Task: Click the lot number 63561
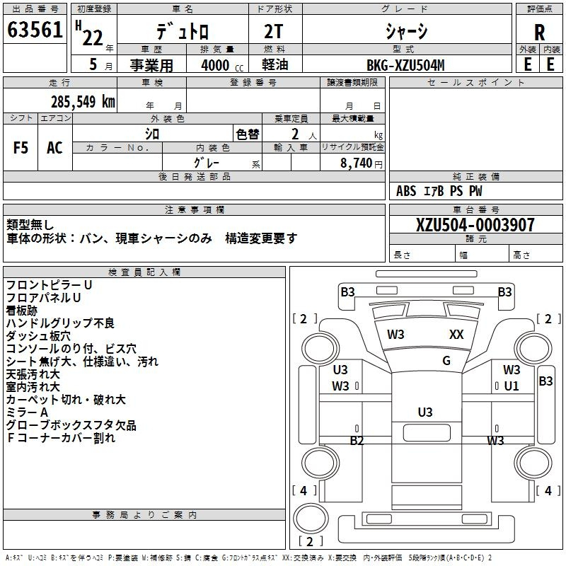(35, 29)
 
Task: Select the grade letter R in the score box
(539, 33)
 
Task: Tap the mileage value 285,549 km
(83, 102)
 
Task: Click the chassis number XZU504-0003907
(475, 224)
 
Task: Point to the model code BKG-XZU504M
(405, 65)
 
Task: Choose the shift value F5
(21, 148)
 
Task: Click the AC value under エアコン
(54, 148)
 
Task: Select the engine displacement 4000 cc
(222, 65)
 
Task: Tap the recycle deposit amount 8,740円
(361, 163)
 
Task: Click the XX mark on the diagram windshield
(456, 335)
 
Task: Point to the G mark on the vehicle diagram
(446, 361)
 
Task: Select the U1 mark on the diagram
(511, 386)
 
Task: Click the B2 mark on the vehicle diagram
(357, 441)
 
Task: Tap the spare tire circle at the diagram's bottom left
(311, 519)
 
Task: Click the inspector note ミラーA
(27, 412)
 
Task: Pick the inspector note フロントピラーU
(49, 285)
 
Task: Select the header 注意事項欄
(195, 209)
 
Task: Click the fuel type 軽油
(275, 65)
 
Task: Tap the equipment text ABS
(406, 191)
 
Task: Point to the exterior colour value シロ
(152, 134)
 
